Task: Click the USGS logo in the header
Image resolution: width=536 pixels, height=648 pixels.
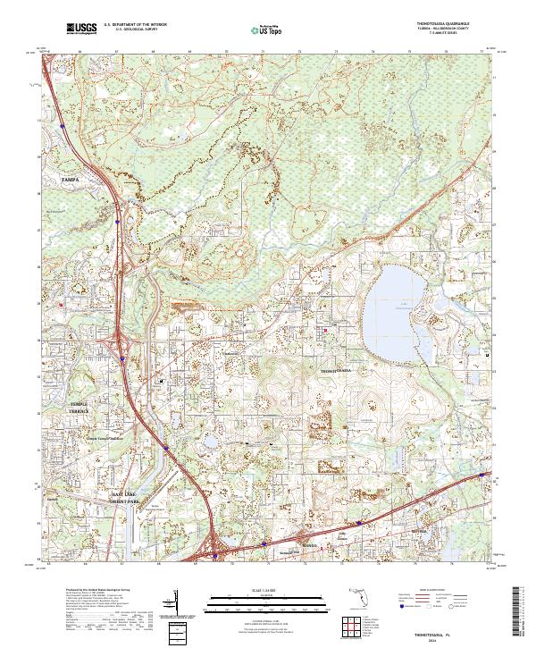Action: pos(82,29)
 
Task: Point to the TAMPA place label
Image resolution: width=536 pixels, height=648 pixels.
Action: pos(70,180)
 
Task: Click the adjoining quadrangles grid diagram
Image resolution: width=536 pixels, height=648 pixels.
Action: pos(354,629)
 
